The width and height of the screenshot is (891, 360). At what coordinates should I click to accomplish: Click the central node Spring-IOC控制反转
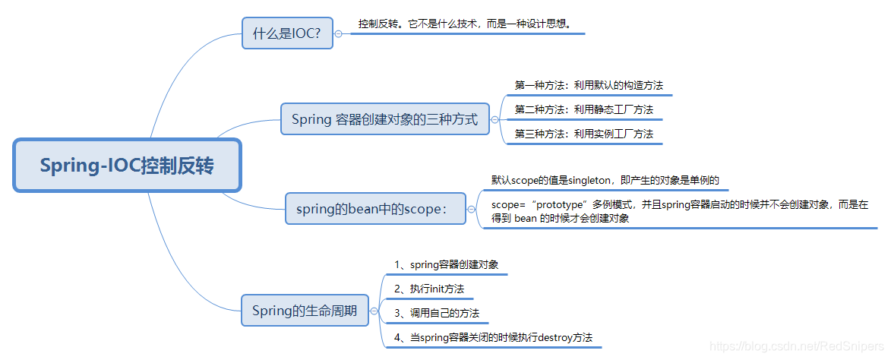click(127, 166)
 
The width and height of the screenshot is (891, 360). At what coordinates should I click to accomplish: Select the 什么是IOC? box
click(287, 33)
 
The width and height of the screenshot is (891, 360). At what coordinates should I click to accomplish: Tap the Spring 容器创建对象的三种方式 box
click(384, 119)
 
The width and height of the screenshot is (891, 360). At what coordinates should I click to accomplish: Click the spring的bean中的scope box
click(375, 208)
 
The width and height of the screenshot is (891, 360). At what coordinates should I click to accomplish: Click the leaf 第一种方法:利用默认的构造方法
click(583, 85)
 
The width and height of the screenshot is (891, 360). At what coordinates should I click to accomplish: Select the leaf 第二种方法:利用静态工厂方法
click(583, 109)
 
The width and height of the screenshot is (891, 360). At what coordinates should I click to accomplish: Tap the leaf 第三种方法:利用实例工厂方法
click(583, 134)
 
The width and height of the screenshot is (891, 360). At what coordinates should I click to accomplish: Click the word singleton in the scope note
click(588, 180)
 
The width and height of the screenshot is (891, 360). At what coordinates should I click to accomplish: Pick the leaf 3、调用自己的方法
click(437, 313)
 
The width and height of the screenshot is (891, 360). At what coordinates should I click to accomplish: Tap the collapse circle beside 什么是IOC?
click(338, 33)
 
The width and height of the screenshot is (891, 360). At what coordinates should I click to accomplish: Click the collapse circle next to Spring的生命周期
click(373, 311)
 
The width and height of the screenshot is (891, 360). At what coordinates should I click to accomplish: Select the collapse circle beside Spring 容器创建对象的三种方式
click(494, 119)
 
